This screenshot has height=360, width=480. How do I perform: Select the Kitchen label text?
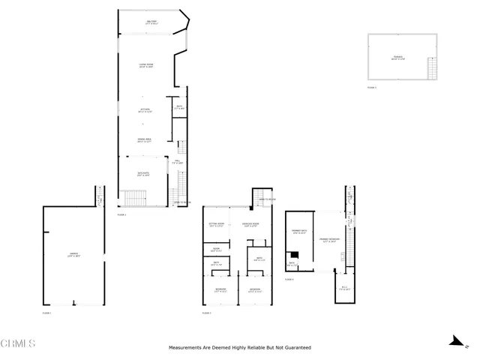(x=145, y=110)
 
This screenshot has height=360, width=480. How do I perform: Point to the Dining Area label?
(x=145, y=140)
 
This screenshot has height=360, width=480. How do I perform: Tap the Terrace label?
(x=398, y=57)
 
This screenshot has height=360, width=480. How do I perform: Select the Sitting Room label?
(x=217, y=224)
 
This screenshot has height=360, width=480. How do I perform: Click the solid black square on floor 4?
(x=295, y=255)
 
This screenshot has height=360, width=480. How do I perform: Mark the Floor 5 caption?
(x=371, y=88)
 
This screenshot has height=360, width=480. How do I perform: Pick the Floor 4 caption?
(x=289, y=278)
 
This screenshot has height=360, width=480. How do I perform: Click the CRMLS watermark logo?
(x=19, y=344)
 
